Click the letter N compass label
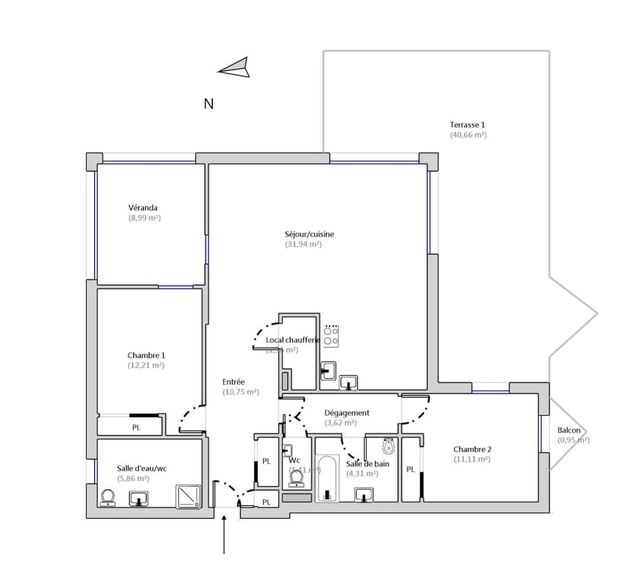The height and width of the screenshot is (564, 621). tap(209, 103)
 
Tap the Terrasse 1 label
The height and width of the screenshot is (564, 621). tap(468, 125)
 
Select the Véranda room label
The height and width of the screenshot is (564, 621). tap(143, 208)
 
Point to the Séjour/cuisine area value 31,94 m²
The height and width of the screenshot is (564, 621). tap(303, 244)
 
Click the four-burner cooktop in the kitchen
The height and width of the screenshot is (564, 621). tap(332, 335)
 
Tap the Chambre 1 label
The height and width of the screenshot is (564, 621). tap(146, 355)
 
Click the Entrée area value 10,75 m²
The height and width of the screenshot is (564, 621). tap(241, 392)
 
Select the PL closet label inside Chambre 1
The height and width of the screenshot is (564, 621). tap(136, 428)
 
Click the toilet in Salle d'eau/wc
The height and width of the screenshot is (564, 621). tap(108, 497)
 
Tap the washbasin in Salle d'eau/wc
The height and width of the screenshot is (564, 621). tap(138, 499)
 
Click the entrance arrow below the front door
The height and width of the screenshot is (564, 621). tap(224, 534)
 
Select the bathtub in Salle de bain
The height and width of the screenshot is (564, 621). tap(327, 478)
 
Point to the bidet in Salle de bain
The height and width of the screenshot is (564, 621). tap(389, 446)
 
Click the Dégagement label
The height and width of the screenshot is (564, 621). tap(347, 413)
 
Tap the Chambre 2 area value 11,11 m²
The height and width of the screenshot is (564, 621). tap(472, 459)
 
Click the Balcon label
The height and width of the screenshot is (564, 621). tap(569, 431)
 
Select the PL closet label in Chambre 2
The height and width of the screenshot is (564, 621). tap(410, 470)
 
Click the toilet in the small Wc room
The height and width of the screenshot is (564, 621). tap(297, 477)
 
